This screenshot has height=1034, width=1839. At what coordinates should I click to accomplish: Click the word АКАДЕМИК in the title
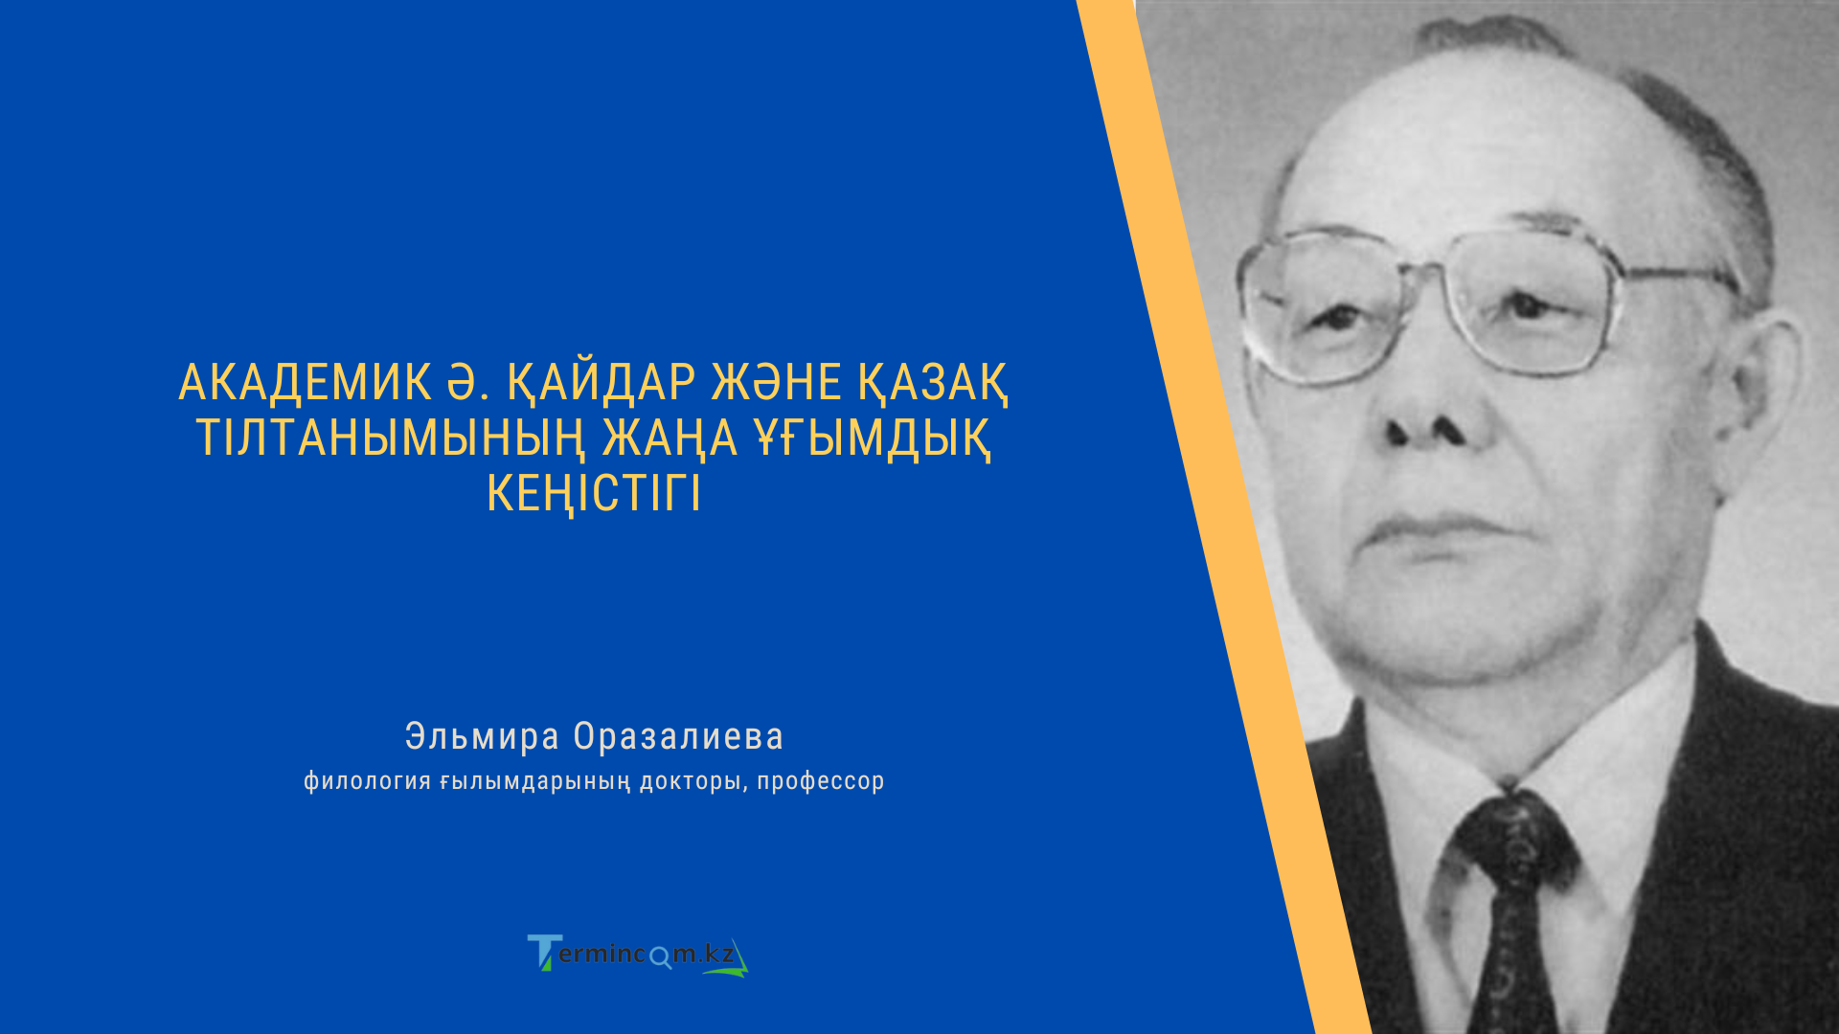(x=305, y=383)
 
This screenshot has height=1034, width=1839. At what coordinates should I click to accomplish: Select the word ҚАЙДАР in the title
(x=601, y=383)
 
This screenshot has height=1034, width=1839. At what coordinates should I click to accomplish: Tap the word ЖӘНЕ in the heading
(x=776, y=383)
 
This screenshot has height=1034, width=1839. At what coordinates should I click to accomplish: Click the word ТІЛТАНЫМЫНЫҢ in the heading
(x=390, y=438)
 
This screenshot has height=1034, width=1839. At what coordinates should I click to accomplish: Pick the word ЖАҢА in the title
(x=670, y=438)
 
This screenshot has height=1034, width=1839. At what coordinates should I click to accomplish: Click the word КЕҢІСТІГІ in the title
(x=594, y=494)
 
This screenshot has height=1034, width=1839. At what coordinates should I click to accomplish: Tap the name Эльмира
(x=482, y=736)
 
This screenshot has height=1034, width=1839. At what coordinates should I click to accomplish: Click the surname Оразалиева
(x=678, y=736)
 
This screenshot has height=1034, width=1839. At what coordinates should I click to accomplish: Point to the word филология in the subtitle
(x=367, y=781)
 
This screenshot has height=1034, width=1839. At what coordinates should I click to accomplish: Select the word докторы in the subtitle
(x=690, y=781)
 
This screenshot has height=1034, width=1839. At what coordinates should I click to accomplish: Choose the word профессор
(x=821, y=781)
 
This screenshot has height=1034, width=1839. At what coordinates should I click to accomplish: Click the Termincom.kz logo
(x=638, y=955)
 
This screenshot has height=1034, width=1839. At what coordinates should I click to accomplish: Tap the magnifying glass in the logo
(x=661, y=956)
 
